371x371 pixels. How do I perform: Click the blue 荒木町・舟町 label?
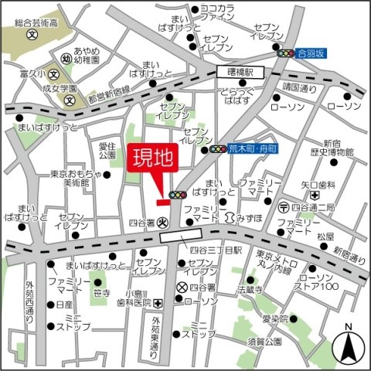point(254,148)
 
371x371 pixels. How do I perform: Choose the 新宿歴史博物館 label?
point(333,148)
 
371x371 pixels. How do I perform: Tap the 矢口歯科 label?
point(318,185)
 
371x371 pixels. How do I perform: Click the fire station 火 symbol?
point(162,221)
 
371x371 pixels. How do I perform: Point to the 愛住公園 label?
point(107,150)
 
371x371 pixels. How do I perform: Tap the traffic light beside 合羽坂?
point(287,53)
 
